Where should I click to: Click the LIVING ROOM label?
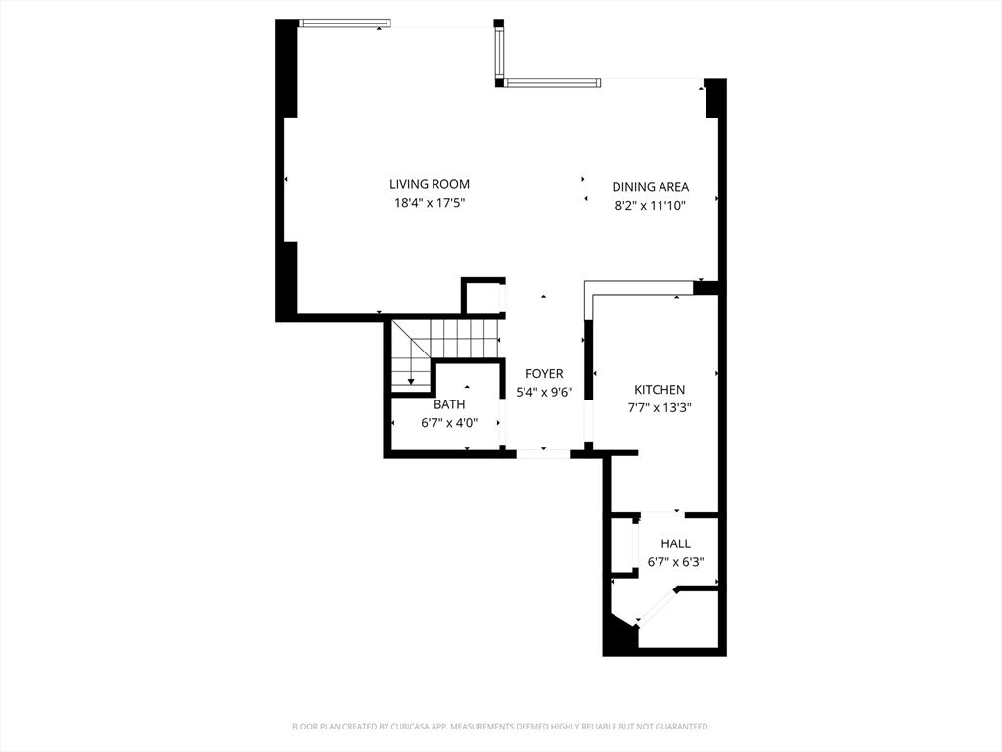point(430,184)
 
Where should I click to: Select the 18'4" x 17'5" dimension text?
point(430,204)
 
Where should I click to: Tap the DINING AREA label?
point(651,187)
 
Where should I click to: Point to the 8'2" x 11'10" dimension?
point(651,206)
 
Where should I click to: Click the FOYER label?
point(544,374)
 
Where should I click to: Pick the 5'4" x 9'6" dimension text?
point(544,393)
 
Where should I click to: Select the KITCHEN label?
point(660,390)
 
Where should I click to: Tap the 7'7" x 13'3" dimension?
point(660,409)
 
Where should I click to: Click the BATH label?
point(449,404)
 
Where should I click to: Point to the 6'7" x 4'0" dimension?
point(449,423)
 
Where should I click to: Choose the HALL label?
point(675,544)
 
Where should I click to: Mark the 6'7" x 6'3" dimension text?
point(675,563)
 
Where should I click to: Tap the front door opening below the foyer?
point(543,453)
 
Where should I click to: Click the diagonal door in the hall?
point(657,606)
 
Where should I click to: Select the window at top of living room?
point(345,23)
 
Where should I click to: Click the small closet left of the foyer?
point(481,297)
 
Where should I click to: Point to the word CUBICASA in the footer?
point(390,727)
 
